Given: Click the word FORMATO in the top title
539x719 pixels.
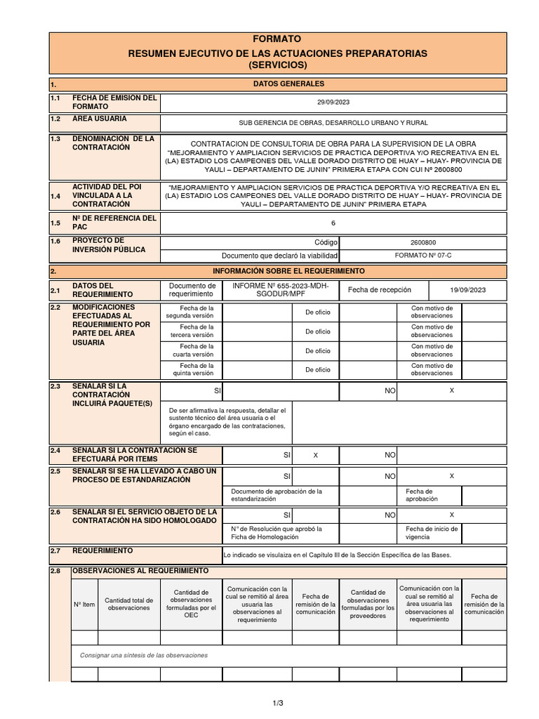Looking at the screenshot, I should [278, 39].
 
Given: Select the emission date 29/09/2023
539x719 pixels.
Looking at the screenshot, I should [333, 103].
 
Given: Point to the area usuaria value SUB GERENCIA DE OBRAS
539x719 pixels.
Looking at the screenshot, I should [333, 123].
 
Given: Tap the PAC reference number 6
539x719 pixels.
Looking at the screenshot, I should [333, 223].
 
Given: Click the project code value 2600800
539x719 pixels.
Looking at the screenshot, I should [423, 242].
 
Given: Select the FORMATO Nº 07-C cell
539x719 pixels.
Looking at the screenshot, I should [423, 256].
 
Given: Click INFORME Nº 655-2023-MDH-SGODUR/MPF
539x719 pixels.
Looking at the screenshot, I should [281, 290].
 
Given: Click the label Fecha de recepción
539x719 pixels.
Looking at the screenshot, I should [380, 290].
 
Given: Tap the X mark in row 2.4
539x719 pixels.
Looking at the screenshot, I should [315, 456].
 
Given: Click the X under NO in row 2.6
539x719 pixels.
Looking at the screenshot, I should [451, 515].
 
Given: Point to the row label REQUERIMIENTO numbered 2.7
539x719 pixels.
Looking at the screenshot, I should [102, 551].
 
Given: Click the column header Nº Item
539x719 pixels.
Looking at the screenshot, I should [84, 604].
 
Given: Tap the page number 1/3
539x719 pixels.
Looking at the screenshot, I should [278, 702].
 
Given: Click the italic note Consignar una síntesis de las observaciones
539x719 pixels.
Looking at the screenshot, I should [144, 655].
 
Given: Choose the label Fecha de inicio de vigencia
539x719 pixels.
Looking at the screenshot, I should [429, 532].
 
